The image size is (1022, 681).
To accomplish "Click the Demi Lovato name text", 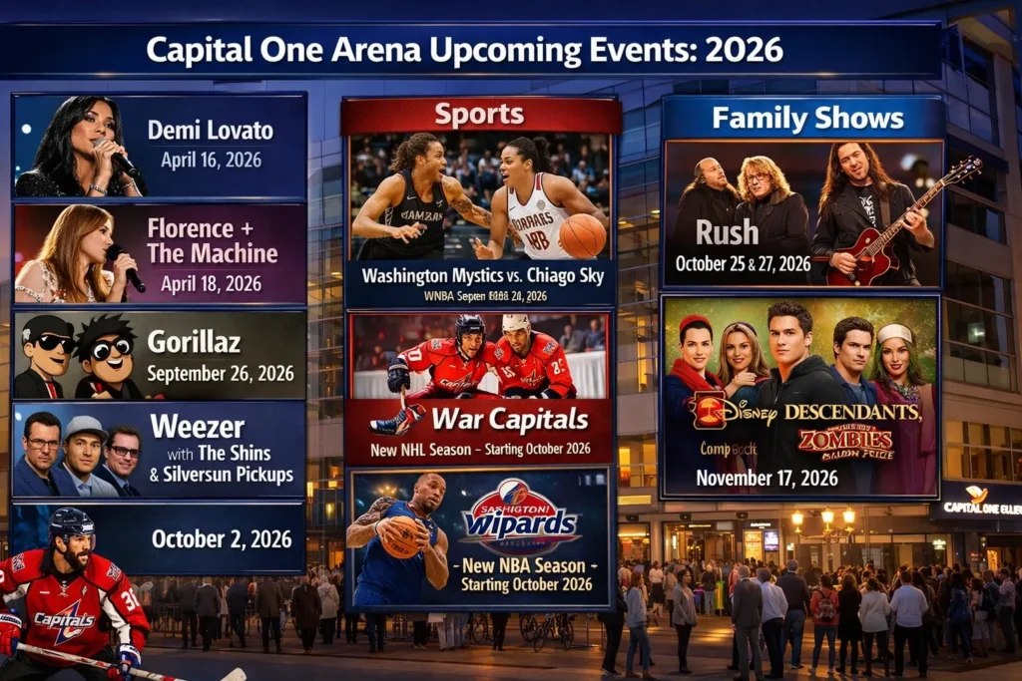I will tap(211, 130).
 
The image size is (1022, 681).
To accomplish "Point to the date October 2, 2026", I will tap(222, 539).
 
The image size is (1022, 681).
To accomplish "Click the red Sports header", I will tap(479, 115).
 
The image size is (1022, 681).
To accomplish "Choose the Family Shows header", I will tap(807, 119).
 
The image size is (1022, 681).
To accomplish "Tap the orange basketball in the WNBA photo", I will tap(583, 236).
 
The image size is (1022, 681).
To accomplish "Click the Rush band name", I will tap(727, 232).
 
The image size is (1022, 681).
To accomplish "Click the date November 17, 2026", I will tap(766, 478).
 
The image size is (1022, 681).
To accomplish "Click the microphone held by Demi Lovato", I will tap(125, 164).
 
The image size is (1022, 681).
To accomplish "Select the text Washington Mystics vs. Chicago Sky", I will tap(480, 274).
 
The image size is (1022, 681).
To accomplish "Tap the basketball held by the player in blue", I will tap(402, 537).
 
